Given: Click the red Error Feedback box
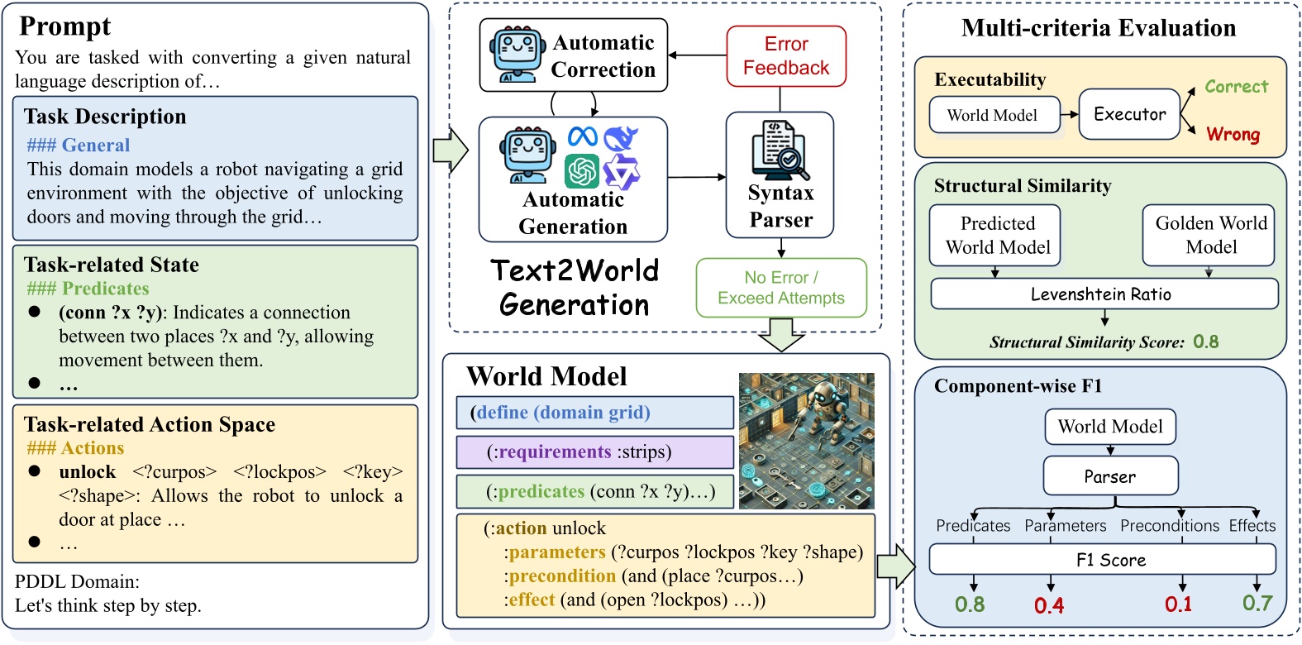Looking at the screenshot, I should click(x=786, y=56).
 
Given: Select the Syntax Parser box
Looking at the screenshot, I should click(x=780, y=175).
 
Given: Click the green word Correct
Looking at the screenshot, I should click(x=1236, y=87).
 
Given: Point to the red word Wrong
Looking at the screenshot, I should click(x=1233, y=134).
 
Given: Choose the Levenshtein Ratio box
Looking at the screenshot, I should click(x=1104, y=294).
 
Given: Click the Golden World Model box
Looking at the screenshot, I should click(x=1209, y=236).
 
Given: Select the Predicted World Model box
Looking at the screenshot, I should click(x=995, y=236).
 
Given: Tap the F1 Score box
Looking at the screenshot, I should click(x=1102, y=560).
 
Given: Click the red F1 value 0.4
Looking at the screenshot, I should click(x=1049, y=606).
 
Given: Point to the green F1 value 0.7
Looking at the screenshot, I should click(x=1257, y=604).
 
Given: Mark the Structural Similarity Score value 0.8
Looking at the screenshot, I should click(x=1205, y=342).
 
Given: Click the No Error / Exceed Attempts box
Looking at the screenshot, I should click(x=780, y=288).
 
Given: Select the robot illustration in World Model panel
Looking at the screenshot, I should click(x=806, y=440).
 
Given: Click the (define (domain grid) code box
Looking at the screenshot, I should click(x=594, y=413).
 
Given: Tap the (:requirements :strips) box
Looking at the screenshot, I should click(x=594, y=452).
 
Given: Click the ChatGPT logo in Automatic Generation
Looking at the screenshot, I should click(x=582, y=171).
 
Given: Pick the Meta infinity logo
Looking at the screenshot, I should click(x=583, y=136).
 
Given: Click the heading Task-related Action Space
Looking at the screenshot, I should click(x=150, y=424).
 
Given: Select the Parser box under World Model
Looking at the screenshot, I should click(x=1109, y=476).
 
